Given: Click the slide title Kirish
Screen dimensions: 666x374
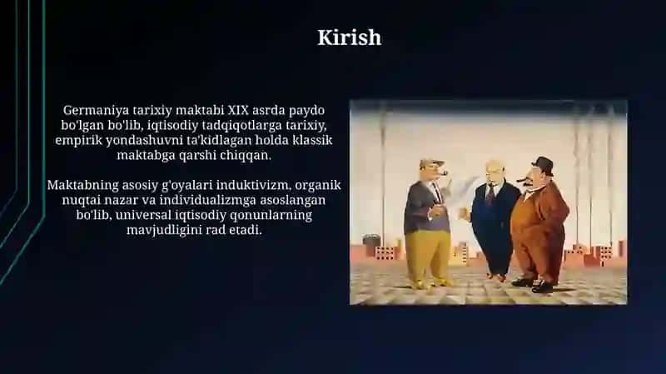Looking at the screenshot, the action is (x=349, y=37).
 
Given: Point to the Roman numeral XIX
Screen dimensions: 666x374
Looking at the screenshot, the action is (x=238, y=110).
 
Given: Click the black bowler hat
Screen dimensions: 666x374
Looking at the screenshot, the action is (x=543, y=166).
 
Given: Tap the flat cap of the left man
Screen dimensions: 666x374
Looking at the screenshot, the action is (x=431, y=162).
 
